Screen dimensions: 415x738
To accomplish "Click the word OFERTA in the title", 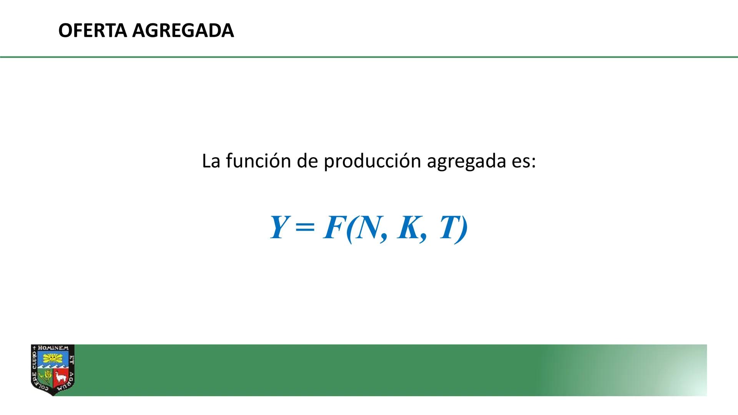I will pyautogui.click(x=92, y=30).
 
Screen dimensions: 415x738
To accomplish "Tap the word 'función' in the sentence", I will pyautogui.click(x=258, y=161).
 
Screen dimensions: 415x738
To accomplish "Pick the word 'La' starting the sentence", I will pyautogui.click(x=211, y=161).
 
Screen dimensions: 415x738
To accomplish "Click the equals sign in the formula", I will pyautogui.click(x=305, y=227).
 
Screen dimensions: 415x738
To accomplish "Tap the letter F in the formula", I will pyautogui.click(x=333, y=227).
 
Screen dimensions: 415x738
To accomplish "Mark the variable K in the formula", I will pyautogui.click(x=409, y=227).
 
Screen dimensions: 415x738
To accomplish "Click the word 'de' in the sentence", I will pyautogui.click(x=307, y=161).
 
